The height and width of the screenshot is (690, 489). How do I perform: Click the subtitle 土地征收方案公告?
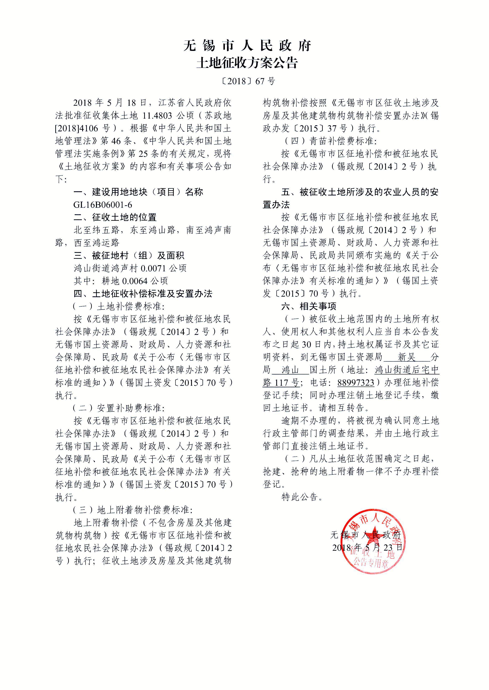(247, 63)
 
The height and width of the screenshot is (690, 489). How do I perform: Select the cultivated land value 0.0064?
(135, 281)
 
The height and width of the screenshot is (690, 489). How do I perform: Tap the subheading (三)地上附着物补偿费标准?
(132, 510)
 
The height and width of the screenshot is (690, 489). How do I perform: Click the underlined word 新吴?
(407, 357)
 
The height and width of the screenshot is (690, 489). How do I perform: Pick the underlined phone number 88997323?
(356, 383)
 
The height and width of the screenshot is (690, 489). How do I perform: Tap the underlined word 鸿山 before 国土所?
(290, 370)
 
